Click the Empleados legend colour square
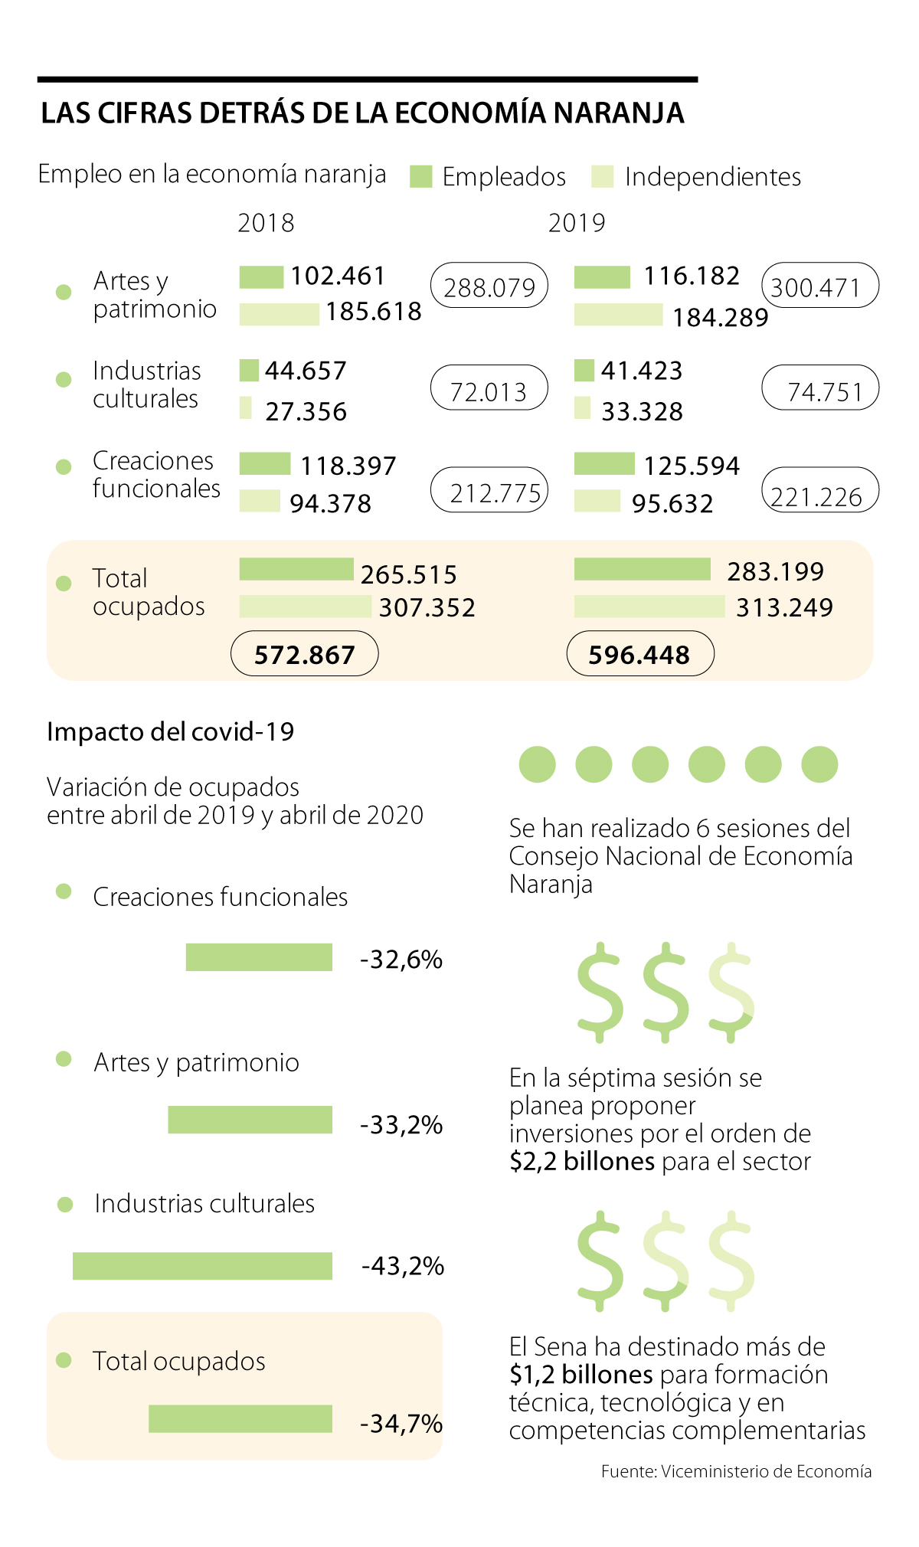pyautogui.click(x=421, y=177)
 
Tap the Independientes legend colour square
pyautogui.click(x=603, y=177)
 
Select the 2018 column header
pyautogui.click(x=266, y=223)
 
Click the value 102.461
pyautogui.click(x=338, y=276)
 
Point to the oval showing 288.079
pyautogui.click(x=489, y=286)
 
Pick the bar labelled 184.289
pyautogui.click(x=618, y=315)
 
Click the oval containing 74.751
pyautogui.click(x=820, y=388)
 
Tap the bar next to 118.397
pyautogui.click(x=265, y=464)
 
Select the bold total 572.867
pyautogui.click(x=305, y=655)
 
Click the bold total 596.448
pyautogui.click(x=639, y=655)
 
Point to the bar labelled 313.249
pyautogui.click(x=649, y=607)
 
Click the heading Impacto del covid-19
pyautogui.click(x=171, y=732)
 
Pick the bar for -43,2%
pyautogui.click(x=202, y=1266)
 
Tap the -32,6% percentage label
pyautogui.click(x=401, y=960)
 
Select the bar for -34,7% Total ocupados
pyautogui.click(x=240, y=1418)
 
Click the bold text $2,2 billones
pyautogui.click(x=582, y=1162)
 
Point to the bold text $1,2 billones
pyautogui.click(x=581, y=1375)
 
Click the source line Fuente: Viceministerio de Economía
pyautogui.click(x=736, y=1471)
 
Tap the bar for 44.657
pyautogui.click(x=249, y=371)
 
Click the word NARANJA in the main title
pyautogui.click(x=619, y=113)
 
